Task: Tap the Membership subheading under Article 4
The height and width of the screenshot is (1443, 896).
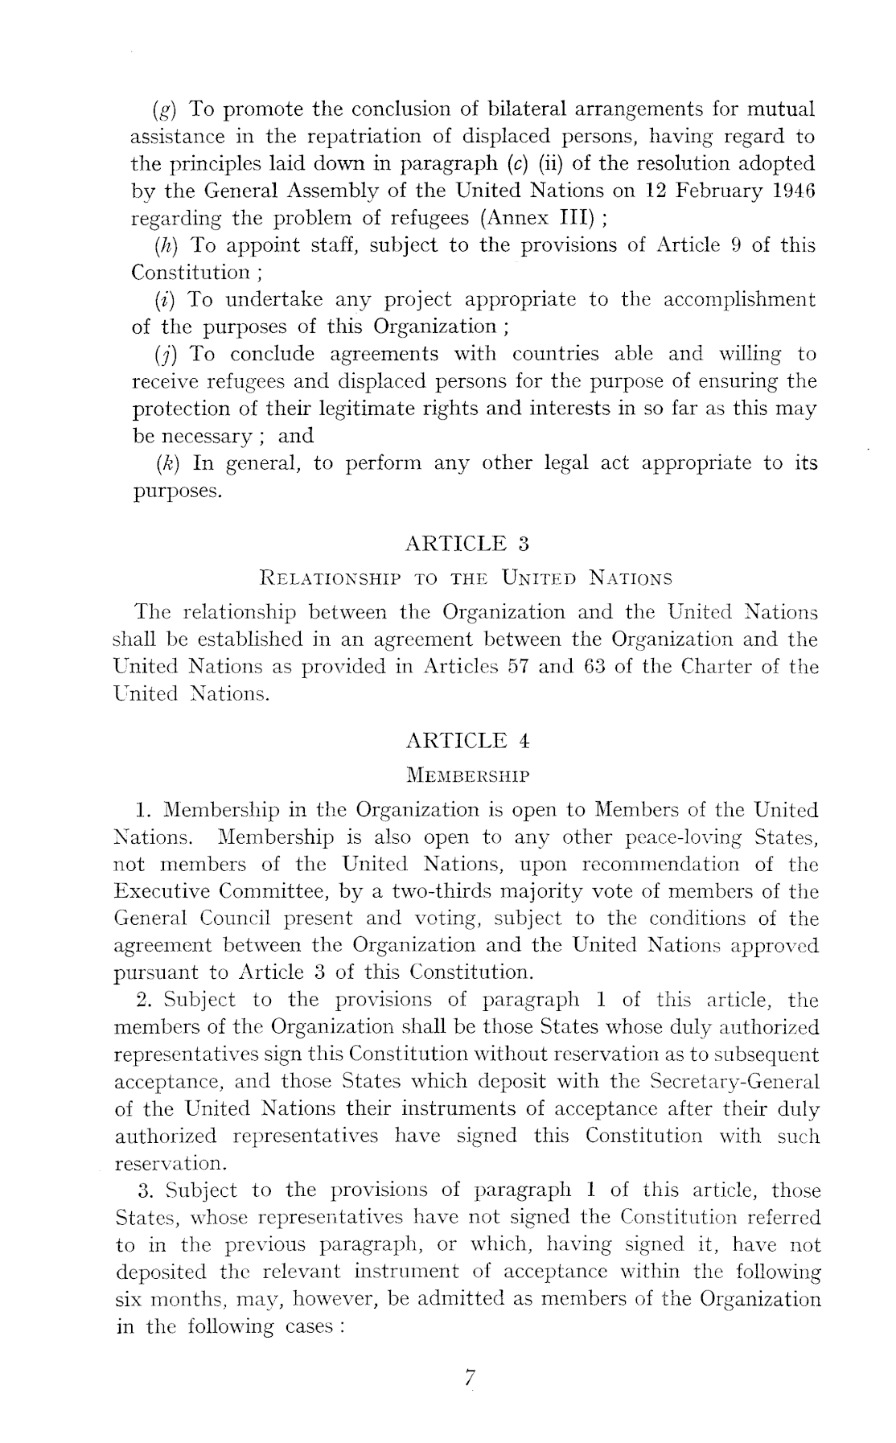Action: point(467,776)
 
